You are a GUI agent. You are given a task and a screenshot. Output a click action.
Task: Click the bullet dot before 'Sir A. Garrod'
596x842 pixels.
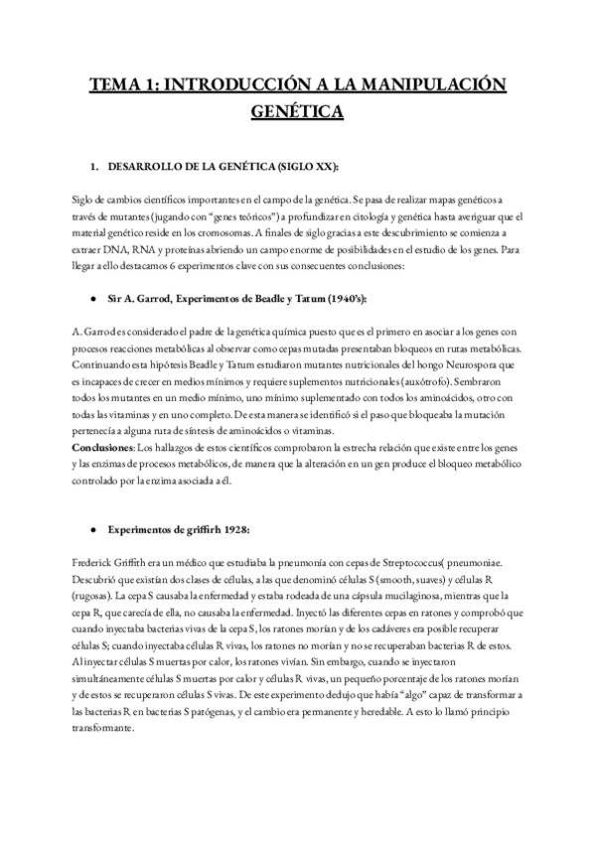click(x=92, y=297)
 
